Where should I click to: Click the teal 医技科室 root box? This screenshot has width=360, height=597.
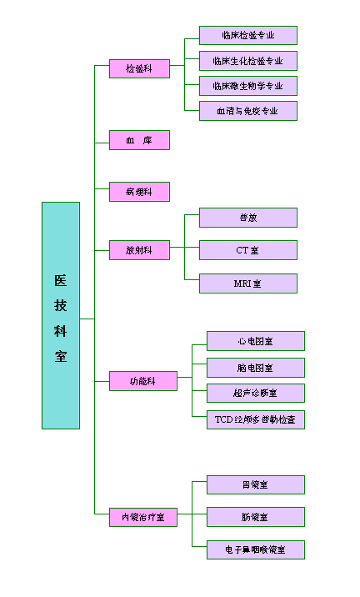click(x=61, y=315)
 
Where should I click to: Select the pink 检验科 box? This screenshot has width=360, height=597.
click(x=139, y=68)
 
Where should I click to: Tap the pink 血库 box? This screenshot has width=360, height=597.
click(x=139, y=140)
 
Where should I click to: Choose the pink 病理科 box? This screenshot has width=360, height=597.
click(x=139, y=192)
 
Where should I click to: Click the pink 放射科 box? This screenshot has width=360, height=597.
click(x=139, y=249)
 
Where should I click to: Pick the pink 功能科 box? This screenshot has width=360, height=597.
click(x=142, y=381)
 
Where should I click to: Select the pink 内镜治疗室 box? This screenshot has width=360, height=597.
click(x=142, y=517)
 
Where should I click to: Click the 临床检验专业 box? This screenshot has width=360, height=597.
click(x=247, y=35)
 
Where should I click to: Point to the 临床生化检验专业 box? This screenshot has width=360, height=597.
click(x=247, y=60)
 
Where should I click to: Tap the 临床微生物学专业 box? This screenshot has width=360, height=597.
click(x=247, y=85)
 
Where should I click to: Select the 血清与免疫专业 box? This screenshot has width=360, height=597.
click(x=247, y=110)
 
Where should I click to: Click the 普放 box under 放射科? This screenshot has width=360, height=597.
click(x=247, y=218)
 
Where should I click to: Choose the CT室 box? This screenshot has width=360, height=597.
click(x=247, y=249)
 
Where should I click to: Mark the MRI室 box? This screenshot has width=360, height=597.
click(x=247, y=283)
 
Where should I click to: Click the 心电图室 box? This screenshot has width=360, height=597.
click(x=255, y=341)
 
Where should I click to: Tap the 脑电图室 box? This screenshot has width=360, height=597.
click(x=255, y=367)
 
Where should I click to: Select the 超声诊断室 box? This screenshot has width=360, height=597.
click(x=255, y=393)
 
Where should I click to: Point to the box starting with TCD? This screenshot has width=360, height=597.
click(x=255, y=419)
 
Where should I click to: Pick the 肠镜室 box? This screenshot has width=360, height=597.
click(x=255, y=517)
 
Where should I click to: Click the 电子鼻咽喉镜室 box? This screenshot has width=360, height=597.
click(x=255, y=549)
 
